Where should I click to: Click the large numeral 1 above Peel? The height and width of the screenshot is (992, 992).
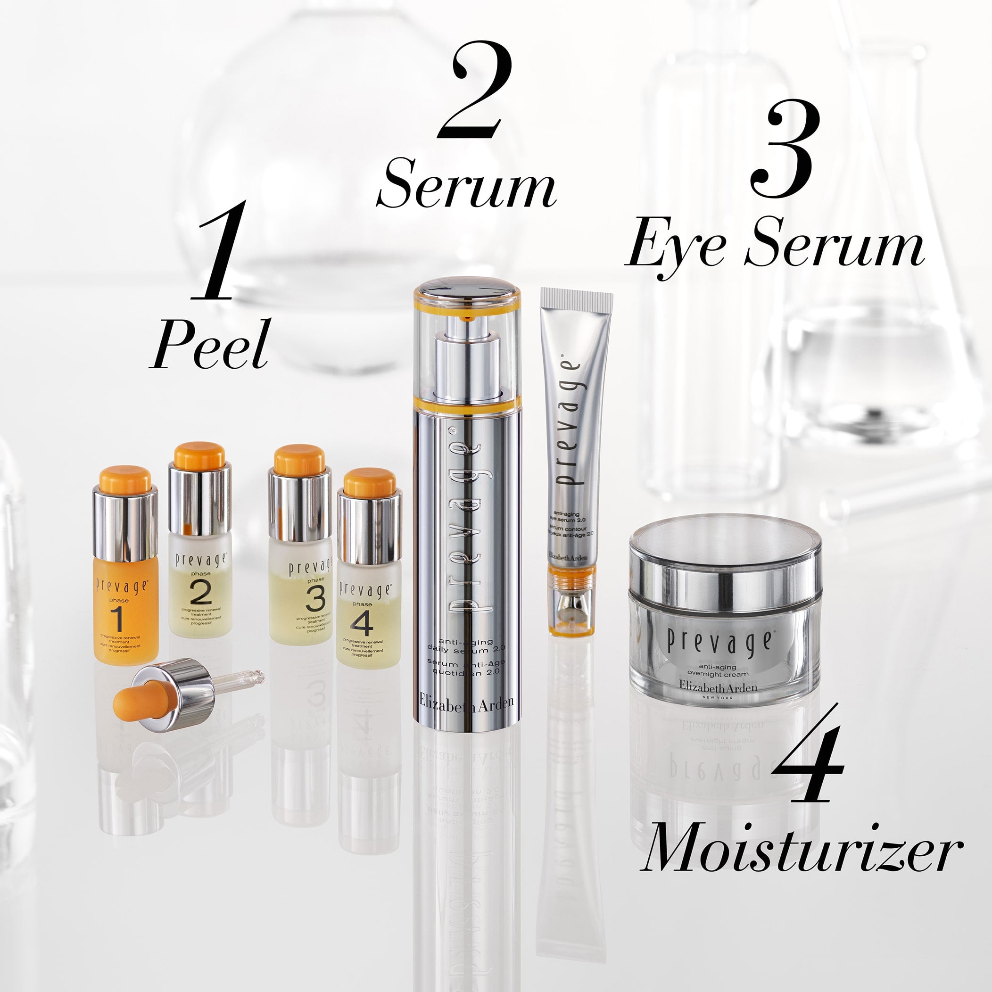[x=215, y=251]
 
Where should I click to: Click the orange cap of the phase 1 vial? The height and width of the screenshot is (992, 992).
[x=125, y=479]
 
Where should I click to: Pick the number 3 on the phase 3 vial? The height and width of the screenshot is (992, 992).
[x=315, y=599]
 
